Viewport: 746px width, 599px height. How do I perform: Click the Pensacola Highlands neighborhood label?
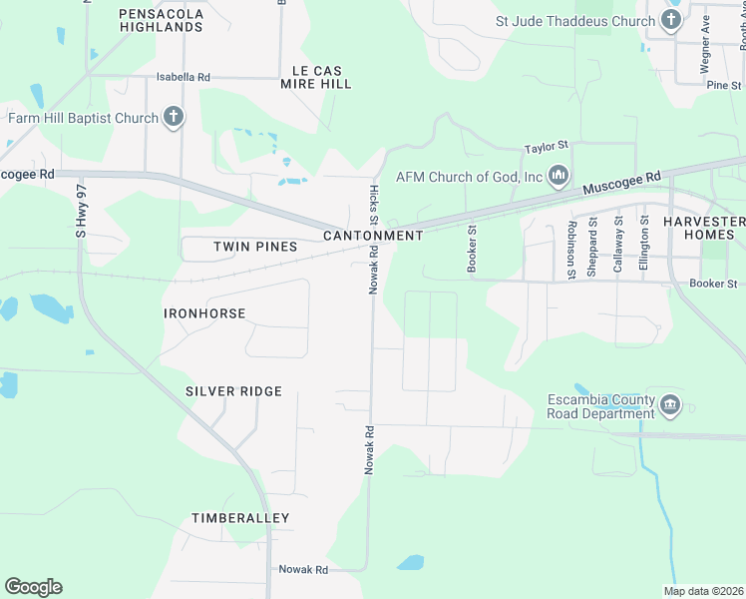point(161,20)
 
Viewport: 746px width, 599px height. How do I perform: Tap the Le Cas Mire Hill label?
point(322,77)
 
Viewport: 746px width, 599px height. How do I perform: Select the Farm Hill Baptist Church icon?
point(174,118)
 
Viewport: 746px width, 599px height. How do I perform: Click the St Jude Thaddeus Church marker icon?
point(669,21)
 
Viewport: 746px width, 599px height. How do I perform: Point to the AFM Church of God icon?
point(558,177)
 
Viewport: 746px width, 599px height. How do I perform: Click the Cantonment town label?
point(373,236)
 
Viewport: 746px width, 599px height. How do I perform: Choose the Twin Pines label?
point(255,246)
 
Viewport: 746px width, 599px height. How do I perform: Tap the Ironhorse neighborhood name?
point(204,313)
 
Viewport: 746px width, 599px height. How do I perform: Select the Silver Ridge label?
point(233,391)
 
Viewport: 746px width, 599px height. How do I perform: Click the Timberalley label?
point(240,518)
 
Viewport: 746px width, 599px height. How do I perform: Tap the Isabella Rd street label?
point(184,77)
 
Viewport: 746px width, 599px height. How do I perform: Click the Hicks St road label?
point(374,205)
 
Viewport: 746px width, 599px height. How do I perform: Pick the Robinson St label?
point(571,249)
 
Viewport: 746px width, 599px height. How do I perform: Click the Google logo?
point(33,587)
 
